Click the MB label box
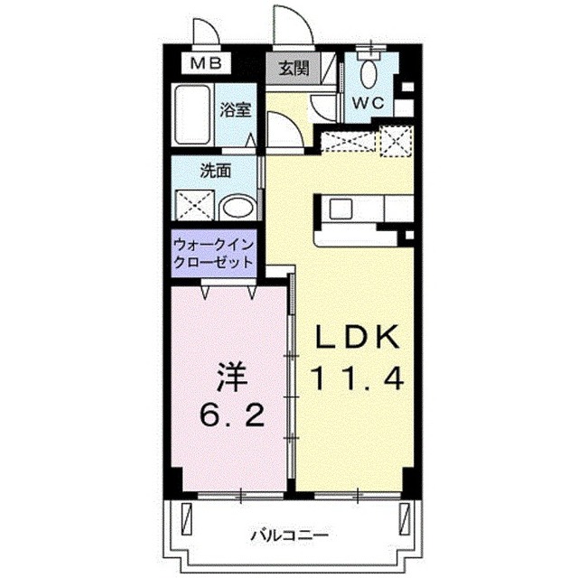point(210,63)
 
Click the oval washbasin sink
point(238,207)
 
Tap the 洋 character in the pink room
point(230,375)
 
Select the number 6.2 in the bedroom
point(230,416)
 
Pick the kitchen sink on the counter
point(340,209)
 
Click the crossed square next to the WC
point(395,142)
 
